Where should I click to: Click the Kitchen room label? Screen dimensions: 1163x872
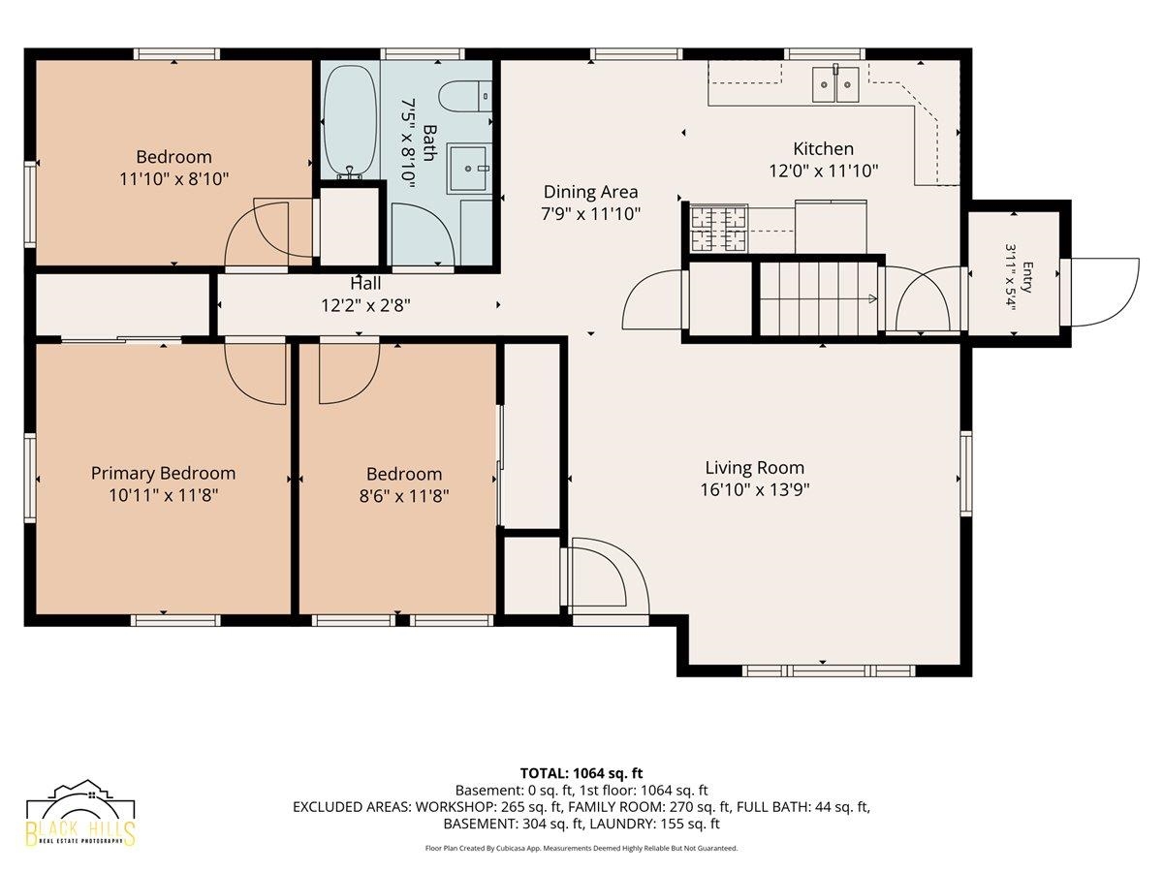pyautogui.click(x=823, y=149)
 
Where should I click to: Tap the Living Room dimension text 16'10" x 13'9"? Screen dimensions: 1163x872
pyautogui.click(x=755, y=490)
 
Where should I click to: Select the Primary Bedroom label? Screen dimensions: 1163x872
pyautogui.click(x=163, y=474)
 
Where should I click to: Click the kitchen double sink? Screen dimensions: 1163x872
pyautogui.click(x=835, y=83)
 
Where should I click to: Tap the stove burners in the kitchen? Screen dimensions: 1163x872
pyautogui.click(x=718, y=229)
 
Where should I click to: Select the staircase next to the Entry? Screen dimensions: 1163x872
pyautogui.click(x=819, y=298)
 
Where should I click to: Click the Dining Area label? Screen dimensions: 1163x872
pyautogui.click(x=591, y=192)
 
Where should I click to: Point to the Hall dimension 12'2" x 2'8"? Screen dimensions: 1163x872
pyautogui.click(x=365, y=305)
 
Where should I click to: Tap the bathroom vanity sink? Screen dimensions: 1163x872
pyautogui.click(x=468, y=169)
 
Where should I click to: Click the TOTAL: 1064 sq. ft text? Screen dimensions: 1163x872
pyautogui.click(x=581, y=773)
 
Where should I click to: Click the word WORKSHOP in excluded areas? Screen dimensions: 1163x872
pyautogui.click(x=447, y=807)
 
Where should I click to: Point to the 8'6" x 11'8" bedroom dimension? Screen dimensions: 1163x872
pyautogui.click(x=404, y=496)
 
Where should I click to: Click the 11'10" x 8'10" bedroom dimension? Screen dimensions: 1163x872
pyautogui.click(x=173, y=179)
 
